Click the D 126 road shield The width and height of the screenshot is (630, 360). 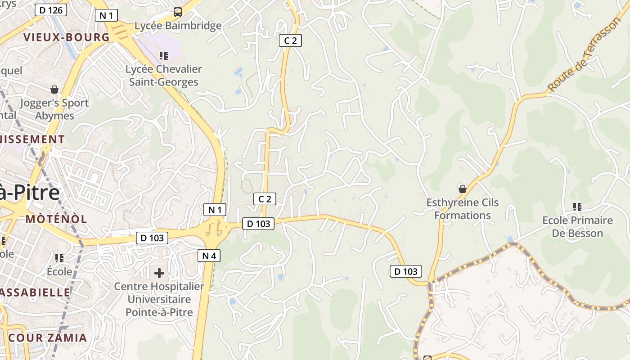51,10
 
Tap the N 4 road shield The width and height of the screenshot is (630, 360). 209,256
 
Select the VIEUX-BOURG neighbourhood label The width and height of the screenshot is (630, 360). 67,37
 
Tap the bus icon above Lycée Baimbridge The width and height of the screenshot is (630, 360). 178,12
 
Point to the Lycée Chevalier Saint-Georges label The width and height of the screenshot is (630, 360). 164,76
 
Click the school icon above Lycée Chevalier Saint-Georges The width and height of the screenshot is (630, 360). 164,56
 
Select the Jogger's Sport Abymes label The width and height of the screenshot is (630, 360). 55,109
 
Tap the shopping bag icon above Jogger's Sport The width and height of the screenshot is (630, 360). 54,90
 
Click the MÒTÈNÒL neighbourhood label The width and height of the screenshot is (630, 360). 56,219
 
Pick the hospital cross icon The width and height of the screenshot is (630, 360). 159,273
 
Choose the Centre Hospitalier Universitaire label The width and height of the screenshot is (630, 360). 159,299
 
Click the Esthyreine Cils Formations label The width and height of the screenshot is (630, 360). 463,209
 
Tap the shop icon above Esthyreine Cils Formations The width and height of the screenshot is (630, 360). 462,189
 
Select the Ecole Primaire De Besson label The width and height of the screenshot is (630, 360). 577,227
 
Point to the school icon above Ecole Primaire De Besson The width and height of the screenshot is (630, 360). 577,207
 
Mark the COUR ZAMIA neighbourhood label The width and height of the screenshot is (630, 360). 48,337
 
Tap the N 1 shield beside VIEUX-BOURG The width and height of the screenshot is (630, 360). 107,16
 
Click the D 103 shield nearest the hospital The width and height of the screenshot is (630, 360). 152,238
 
